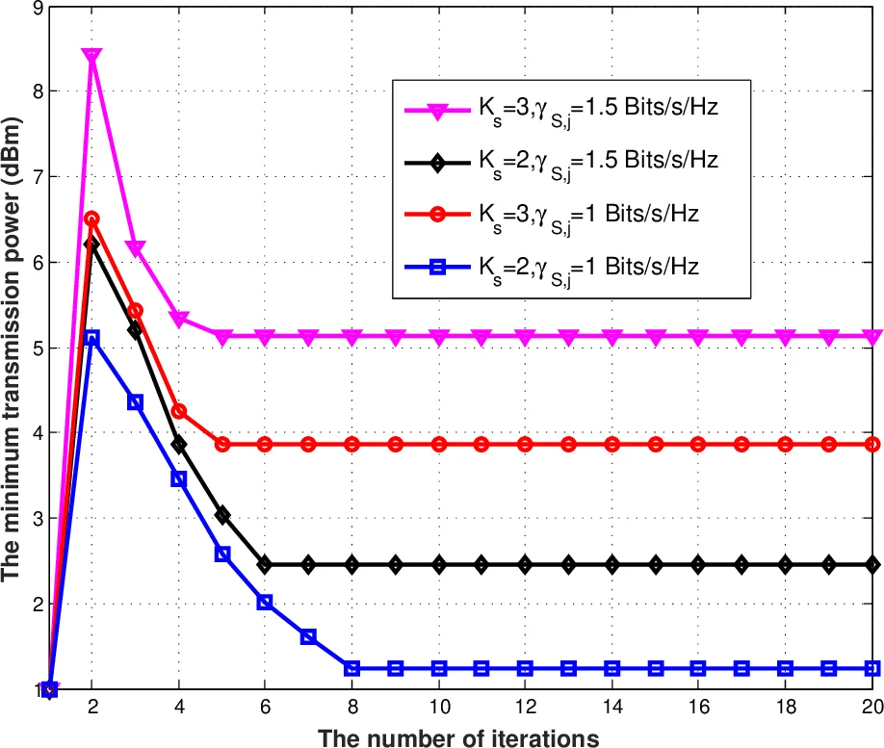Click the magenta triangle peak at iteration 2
point(91,57)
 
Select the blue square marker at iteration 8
point(351,668)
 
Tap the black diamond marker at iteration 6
point(265,564)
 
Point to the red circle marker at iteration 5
point(221,444)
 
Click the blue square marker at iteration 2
point(91,338)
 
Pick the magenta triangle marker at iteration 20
point(872,337)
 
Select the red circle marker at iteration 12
point(525,444)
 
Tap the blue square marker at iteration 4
point(178,478)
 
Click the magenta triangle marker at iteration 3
point(135,249)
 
